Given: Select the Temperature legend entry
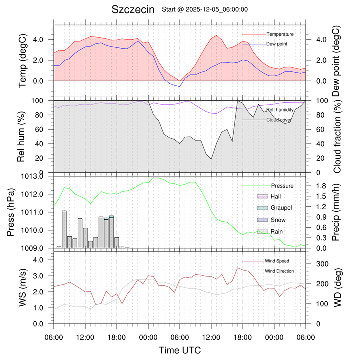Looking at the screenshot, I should coord(279,34).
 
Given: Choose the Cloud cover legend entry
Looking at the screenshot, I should coord(278,120).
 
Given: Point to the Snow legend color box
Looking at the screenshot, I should coord(262,220).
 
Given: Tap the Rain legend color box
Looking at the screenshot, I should coord(262,231).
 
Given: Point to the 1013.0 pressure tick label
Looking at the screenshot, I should coord(36,176).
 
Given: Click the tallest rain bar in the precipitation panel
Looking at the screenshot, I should coord(64,229).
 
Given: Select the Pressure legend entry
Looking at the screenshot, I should coord(282,186).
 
